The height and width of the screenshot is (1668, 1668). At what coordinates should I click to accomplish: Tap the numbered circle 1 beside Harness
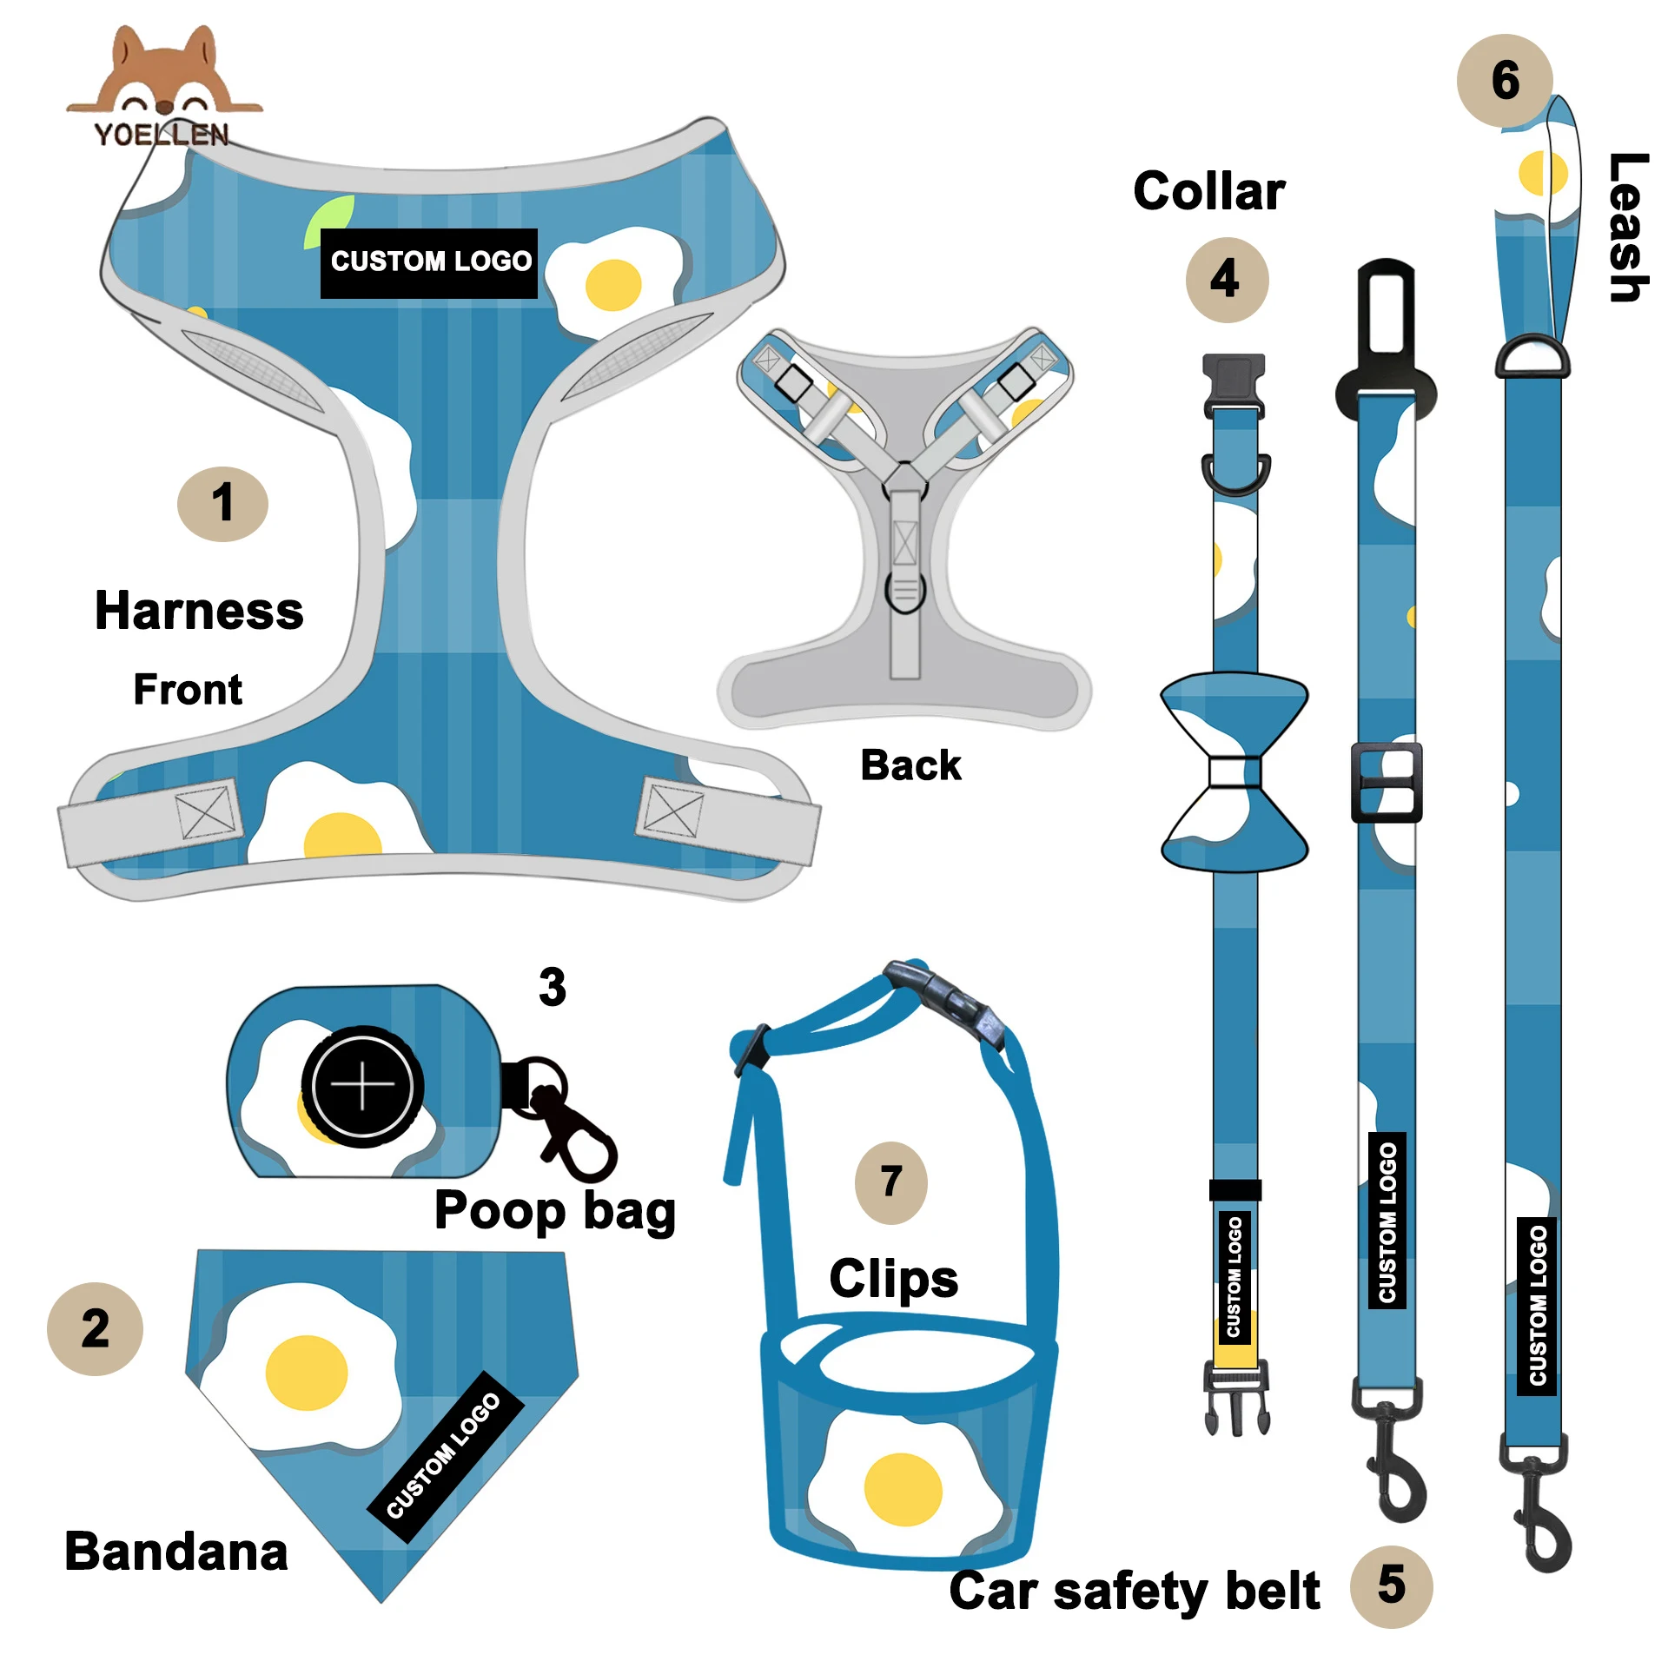pos(222,504)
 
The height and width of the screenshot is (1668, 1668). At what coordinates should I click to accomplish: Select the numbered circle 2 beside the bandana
pos(95,1328)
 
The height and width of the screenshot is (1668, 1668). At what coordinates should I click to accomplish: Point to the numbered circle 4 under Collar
pos(1226,280)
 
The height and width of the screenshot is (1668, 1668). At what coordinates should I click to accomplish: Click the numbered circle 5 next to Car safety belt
pos(1391,1585)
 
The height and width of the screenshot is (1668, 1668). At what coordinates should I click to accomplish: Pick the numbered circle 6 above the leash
pos(1504,81)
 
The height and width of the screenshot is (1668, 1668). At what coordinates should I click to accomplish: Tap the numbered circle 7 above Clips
pos(891,1182)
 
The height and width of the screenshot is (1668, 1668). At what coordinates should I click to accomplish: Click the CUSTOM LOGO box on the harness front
pos(429,262)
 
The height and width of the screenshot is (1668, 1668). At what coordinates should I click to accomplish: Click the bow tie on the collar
pos(1234,771)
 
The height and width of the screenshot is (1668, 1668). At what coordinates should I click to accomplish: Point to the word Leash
pos(1626,228)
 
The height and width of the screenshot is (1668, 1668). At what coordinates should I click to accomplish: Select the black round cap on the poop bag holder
pos(362,1086)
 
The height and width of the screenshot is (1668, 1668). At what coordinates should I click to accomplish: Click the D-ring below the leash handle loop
pos(1532,356)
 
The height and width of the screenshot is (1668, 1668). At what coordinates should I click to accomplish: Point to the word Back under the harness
pos(910,765)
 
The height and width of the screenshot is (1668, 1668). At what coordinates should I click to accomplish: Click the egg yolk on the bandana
pos(306,1373)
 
